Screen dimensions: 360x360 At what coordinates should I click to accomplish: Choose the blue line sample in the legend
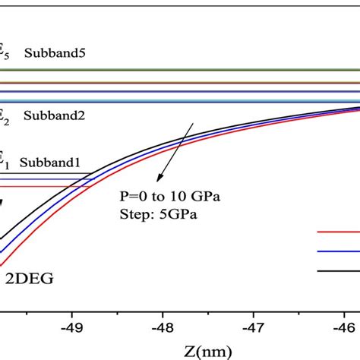(338, 251)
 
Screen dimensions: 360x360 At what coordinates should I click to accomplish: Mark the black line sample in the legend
(338, 270)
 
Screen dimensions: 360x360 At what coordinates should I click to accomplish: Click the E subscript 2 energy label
(5, 116)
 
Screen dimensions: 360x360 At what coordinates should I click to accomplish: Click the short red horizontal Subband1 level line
(46, 187)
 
